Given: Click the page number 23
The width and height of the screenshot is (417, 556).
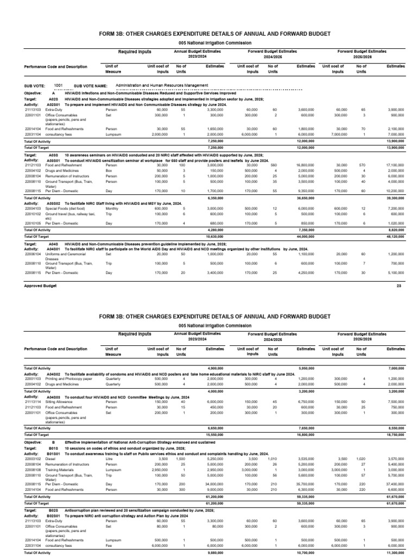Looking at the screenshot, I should (x=399, y=285).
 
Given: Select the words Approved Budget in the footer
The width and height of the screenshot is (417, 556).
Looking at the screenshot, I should (x=40, y=285).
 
